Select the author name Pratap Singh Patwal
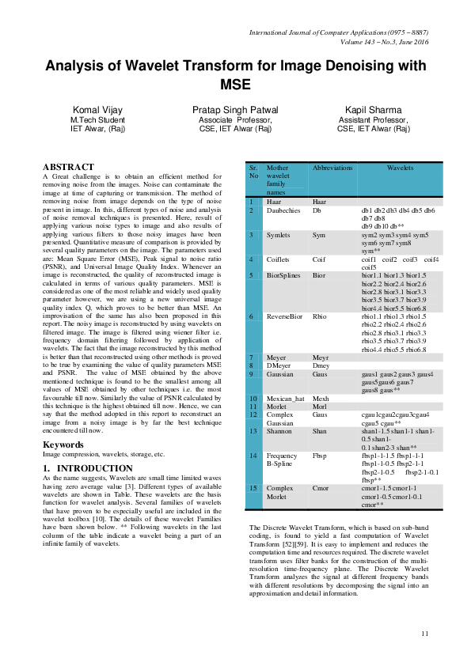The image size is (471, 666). (235, 109)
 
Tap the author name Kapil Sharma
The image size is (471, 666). (373, 109)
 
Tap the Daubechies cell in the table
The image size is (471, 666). (284, 211)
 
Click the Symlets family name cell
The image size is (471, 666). (279, 236)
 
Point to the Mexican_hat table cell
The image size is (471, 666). (286, 399)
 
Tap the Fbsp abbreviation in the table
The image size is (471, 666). (320, 456)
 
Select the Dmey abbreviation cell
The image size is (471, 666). (321, 365)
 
